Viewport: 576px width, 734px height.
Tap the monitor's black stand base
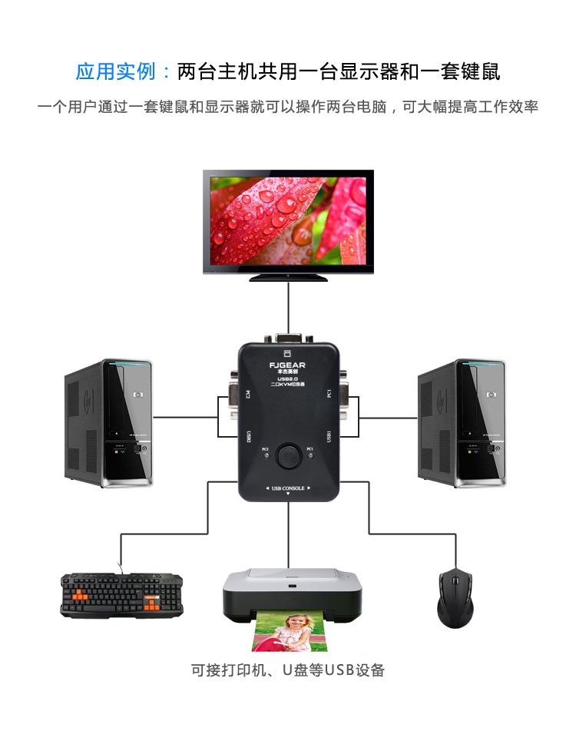point(288,277)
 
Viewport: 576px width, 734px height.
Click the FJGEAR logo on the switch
point(288,365)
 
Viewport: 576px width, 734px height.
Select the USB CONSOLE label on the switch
point(288,488)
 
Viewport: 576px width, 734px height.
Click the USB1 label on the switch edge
point(328,435)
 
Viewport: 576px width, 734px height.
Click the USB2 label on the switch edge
point(248,435)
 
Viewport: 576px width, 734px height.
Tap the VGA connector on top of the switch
point(288,339)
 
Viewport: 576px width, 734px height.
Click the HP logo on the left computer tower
point(137,395)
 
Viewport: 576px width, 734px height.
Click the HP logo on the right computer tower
point(490,395)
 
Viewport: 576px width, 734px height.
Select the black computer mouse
point(455,599)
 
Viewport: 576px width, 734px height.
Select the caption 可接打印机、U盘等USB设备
point(288,670)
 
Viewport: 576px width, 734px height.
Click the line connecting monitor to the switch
point(288,307)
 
